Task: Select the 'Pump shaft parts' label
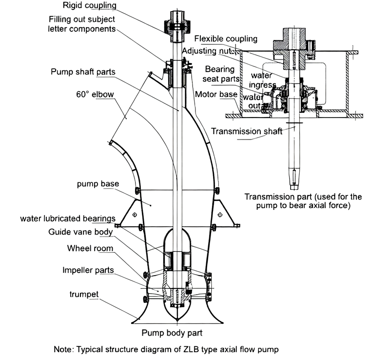point(83,72)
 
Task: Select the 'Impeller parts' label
point(88,270)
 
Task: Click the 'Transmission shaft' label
point(246,131)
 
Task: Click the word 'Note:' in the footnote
point(64,349)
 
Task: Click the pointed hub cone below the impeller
point(177,310)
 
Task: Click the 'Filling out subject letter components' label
point(82,24)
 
